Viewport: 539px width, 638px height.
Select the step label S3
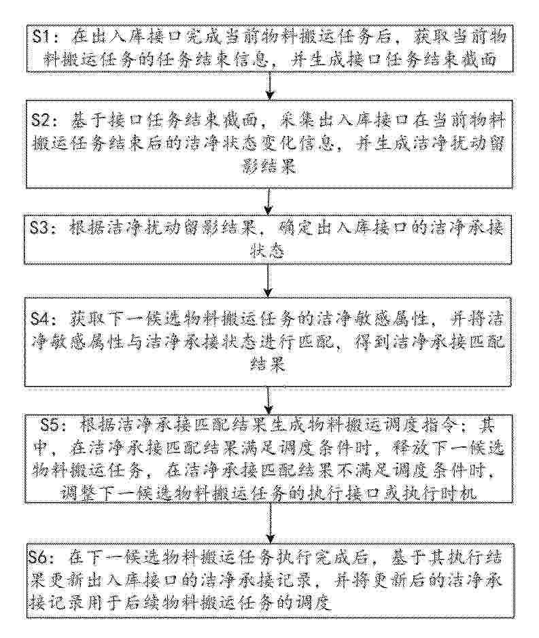41,228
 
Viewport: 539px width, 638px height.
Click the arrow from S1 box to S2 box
269,86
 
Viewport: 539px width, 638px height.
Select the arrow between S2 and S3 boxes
268,202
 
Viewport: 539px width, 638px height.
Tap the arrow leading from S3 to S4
268,281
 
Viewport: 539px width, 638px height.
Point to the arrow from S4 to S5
268,400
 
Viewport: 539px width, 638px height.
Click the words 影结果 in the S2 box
269,166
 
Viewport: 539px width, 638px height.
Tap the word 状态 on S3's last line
266,251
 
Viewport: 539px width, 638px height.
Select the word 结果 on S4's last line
268,365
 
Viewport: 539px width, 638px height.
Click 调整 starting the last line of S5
78,494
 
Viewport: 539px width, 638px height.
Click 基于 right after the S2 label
88,121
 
